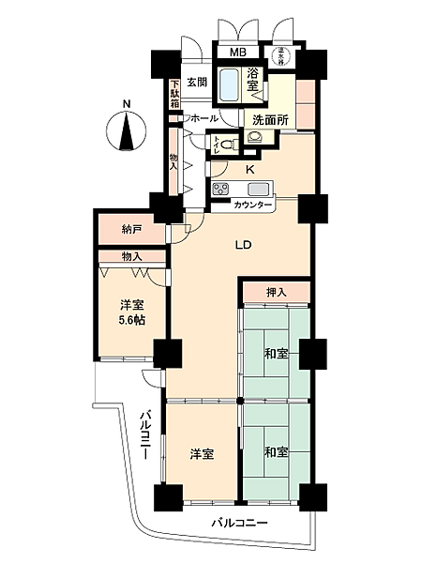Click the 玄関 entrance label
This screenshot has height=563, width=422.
[196, 81]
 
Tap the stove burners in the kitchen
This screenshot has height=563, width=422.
[221, 190]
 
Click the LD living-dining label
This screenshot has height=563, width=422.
[242, 246]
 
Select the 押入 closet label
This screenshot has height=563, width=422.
[275, 292]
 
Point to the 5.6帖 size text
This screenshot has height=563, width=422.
[130, 321]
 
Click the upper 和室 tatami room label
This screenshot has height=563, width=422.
[275, 355]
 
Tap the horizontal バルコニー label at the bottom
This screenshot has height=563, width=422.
[239, 522]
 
